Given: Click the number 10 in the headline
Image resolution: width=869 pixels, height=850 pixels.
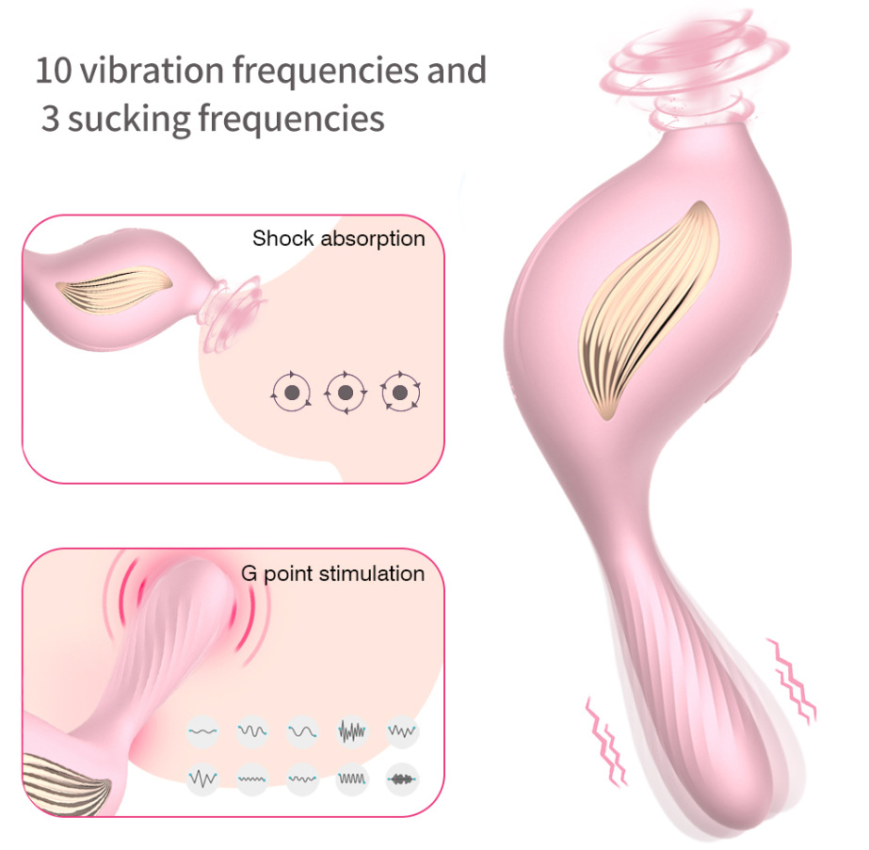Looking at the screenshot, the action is pos(54,71).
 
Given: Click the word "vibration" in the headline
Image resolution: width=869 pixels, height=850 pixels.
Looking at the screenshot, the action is pos(153,70).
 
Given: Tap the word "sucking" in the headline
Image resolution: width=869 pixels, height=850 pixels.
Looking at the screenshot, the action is pos(129,120).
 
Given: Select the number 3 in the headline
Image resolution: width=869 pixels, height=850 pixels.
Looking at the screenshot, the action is pos(51,119).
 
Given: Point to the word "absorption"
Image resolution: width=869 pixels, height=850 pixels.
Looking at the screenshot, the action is pos(373,239).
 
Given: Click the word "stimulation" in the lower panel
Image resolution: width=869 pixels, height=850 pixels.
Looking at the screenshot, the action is pos(372,573).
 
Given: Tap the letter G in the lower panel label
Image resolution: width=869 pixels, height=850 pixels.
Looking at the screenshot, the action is pos(249,573).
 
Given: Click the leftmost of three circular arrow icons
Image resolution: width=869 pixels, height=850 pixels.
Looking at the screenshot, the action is pos(292,393).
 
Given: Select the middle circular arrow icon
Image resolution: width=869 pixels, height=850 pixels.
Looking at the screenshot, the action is pos(346,393).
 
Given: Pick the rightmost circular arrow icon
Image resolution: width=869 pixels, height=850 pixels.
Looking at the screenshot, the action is pos(400,393).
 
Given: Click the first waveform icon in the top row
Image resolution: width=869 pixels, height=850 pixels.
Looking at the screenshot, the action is pos(202,731).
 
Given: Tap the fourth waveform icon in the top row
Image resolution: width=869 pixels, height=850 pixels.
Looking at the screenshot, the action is pos(352,731).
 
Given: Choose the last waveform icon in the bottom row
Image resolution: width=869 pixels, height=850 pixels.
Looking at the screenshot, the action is pos(402,779).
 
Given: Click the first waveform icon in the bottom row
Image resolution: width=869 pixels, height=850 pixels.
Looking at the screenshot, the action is pos(202,779).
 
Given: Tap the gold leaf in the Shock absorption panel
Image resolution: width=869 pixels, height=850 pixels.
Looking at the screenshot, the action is pos(114,288).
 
